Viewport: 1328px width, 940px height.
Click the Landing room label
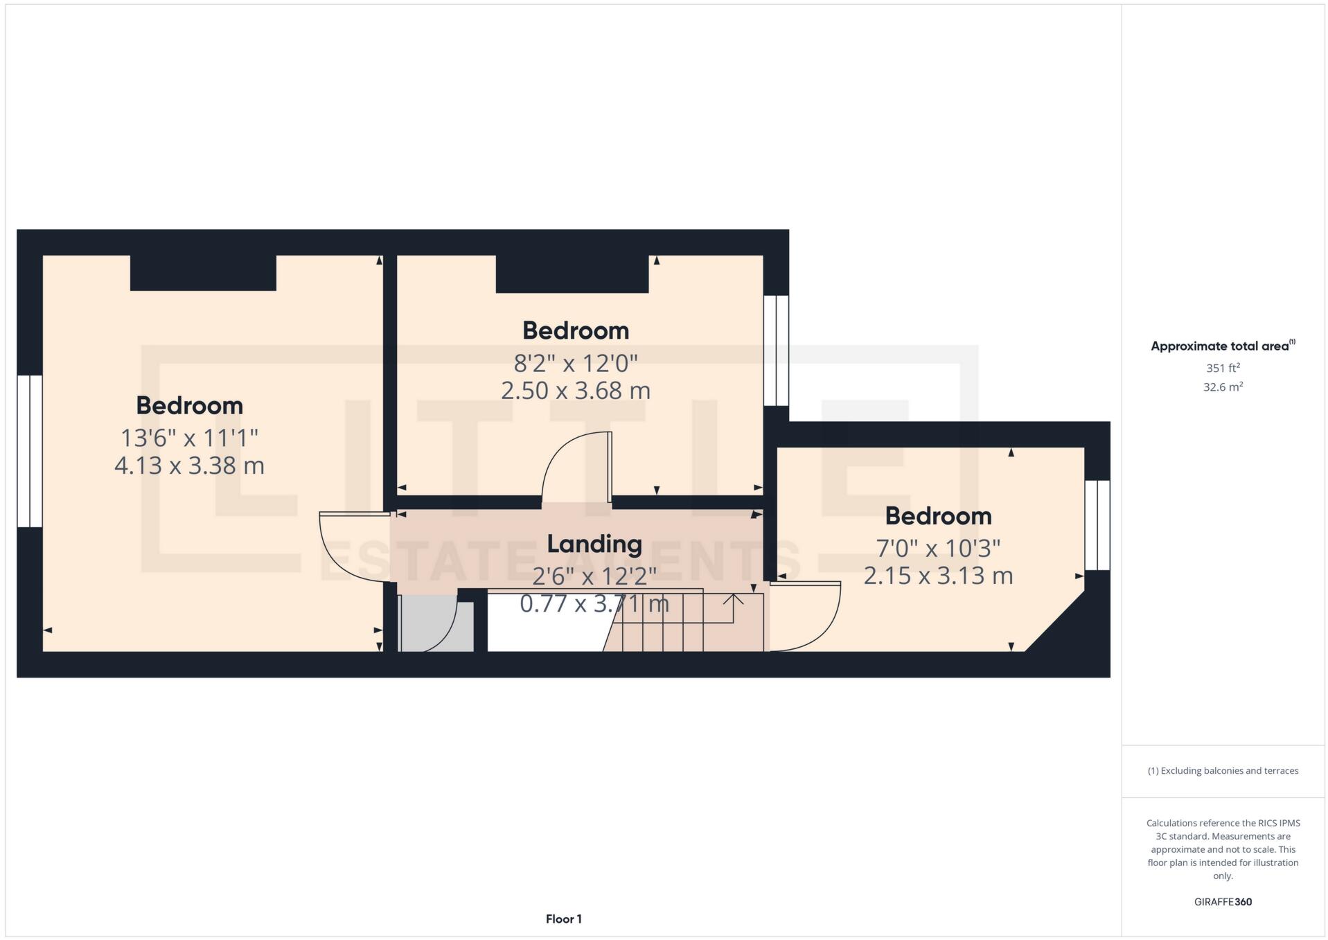(x=594, y=544)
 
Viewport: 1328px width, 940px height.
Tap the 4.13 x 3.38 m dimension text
(x=189, y=465)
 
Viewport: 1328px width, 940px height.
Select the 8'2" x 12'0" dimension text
(x=575, y=363)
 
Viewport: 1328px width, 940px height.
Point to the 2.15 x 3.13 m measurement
(x=938, y=576)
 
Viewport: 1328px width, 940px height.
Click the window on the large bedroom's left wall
(x=30, y=451)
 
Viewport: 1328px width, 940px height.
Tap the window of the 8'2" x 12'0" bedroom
(x=776, y=351)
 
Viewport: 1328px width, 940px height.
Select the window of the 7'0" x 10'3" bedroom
(x=1097, y=525)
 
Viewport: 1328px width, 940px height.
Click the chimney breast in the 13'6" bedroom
(x=203, y=273)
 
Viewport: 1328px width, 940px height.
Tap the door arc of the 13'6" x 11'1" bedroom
(x=350, y=547)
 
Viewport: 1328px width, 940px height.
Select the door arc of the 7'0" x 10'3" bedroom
(x=807, y=617)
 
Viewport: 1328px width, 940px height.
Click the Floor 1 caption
(x=563, y=919)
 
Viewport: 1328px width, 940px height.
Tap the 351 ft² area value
(x=1223, y=368)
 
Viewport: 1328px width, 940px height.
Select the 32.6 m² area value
(x=1223, y=387)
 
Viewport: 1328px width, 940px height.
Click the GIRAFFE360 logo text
(x=1223, y=902)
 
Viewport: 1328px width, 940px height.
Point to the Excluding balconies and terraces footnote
(x=1223, y=771)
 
